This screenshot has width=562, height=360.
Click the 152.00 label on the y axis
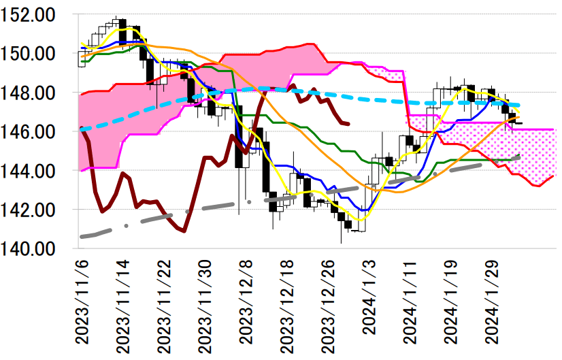36,14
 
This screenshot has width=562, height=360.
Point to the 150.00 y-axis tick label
36,54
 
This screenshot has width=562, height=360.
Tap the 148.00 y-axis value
36,93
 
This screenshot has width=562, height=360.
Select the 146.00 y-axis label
36,132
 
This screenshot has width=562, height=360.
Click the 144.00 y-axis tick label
36,171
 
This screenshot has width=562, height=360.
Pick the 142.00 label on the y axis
36,210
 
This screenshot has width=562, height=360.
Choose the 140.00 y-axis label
36,249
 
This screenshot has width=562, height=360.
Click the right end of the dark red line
348,124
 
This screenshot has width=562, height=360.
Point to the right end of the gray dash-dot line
520,157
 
